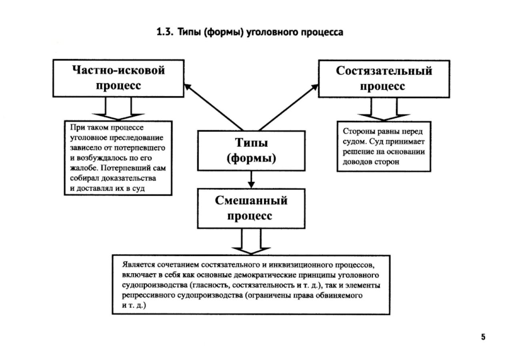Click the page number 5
483,337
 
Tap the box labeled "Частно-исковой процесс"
118,78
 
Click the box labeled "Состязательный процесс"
383,78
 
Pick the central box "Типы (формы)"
251,150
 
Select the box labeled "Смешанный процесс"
251,208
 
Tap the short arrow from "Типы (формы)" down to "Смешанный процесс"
251,179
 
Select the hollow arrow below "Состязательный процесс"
384,110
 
